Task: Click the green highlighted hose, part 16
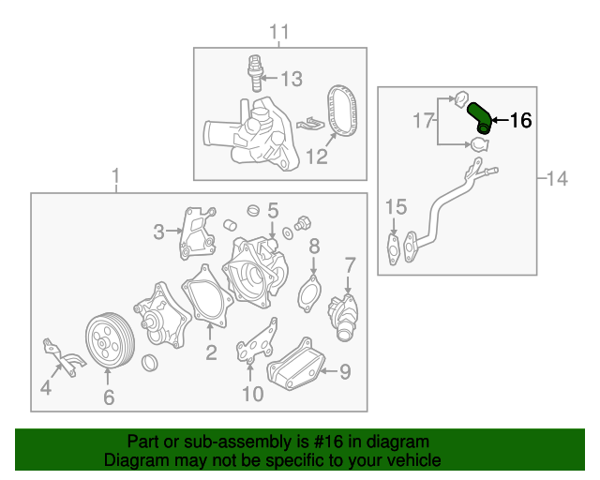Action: pos(479,116)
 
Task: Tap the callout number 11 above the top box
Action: pos(280,34)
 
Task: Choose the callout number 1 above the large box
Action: pos(115,176)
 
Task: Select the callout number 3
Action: pos(160,230)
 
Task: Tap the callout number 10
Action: pos(252,394)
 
